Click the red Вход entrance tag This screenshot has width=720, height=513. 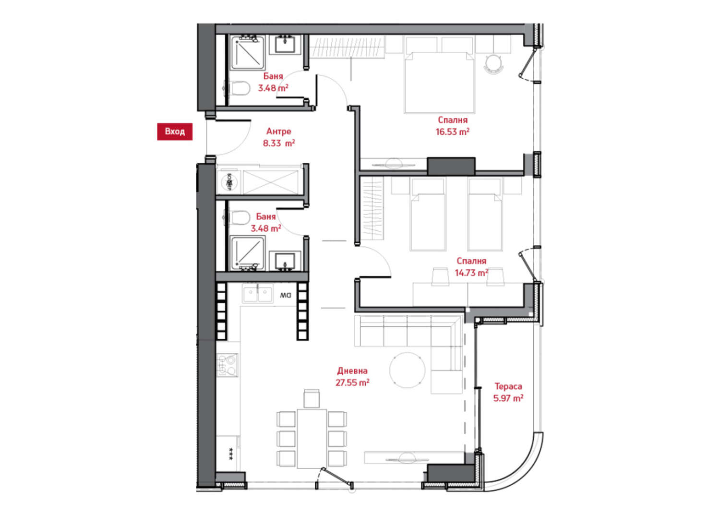175,131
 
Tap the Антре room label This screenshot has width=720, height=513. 279,131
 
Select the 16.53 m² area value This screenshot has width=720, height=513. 452,132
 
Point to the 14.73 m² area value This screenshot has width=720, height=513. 471,273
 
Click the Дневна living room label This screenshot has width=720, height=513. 352,371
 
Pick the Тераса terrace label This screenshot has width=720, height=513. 508,386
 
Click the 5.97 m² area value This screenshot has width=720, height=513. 508,398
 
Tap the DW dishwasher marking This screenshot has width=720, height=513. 286,295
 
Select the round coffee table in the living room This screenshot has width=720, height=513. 407,370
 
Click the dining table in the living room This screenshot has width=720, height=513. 312,439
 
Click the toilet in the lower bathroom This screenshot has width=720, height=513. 237,217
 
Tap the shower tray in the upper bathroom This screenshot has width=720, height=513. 248,53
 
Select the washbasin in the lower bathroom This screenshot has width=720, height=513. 285,261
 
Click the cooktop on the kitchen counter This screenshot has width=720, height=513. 228,365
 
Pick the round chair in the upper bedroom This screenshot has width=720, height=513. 494,64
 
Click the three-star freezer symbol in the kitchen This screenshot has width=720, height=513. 231,453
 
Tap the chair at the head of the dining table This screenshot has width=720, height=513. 312,399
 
